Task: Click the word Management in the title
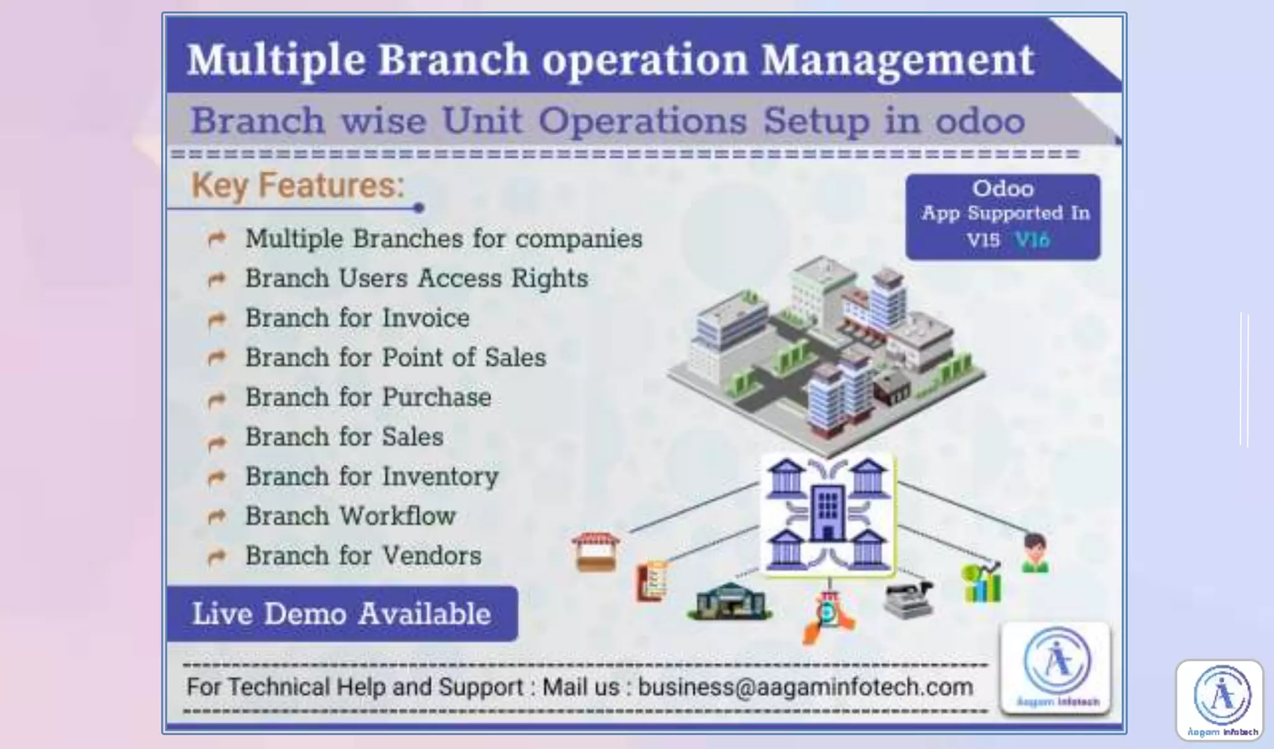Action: tap(898, 60)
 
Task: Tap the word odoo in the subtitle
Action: tap(980, 121)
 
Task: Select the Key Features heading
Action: tap(297, 185)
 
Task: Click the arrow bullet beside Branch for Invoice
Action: tap(216, 319)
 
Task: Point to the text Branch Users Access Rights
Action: tap(416, 278)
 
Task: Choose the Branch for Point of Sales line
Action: tap(395, 357)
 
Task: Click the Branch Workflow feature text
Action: tap(350, 516)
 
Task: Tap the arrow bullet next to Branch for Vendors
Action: tap(216, 557)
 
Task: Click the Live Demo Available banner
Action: tap(342, 613)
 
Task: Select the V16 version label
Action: tap(1032, 240)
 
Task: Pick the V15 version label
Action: tap(983, 240)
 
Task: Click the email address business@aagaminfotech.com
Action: tap(806, 687)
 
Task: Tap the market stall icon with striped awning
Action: tap(595, 551)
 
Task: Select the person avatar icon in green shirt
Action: tap(1035, 553)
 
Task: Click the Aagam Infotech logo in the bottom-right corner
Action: tap(1219, 700)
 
